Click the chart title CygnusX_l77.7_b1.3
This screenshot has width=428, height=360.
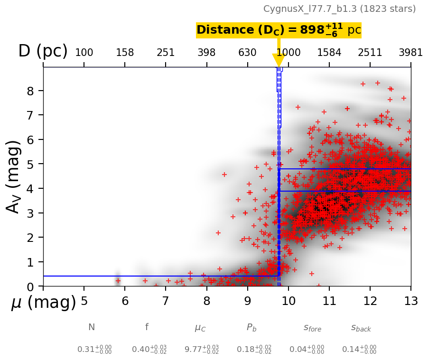click(x=339, y=9)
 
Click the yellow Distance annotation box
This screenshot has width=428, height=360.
click(x=279, y=30)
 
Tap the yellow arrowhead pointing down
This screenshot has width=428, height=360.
click(x=279, y=60)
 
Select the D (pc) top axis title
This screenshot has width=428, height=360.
click(x=43, y=51)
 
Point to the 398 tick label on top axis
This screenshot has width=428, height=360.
click(x=206, y=53)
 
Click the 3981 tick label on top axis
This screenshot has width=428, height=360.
click(x=410, y=53)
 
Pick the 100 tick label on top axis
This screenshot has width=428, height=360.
click(x=84, y=53)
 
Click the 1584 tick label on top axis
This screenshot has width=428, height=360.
click(x=329, y=53)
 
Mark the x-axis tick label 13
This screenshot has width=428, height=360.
click(x=410, y=301)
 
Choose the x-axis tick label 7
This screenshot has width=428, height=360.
click(x=166, y=301)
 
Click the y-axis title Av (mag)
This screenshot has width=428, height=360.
click(x=14, y=176)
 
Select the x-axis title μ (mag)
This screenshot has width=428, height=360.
click(x=44, y=302)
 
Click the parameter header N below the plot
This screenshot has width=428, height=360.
click(x=92, y=327)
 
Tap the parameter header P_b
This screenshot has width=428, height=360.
click(x=252, y=327)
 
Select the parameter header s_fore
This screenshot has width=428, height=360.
click(x=312, y=328)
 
